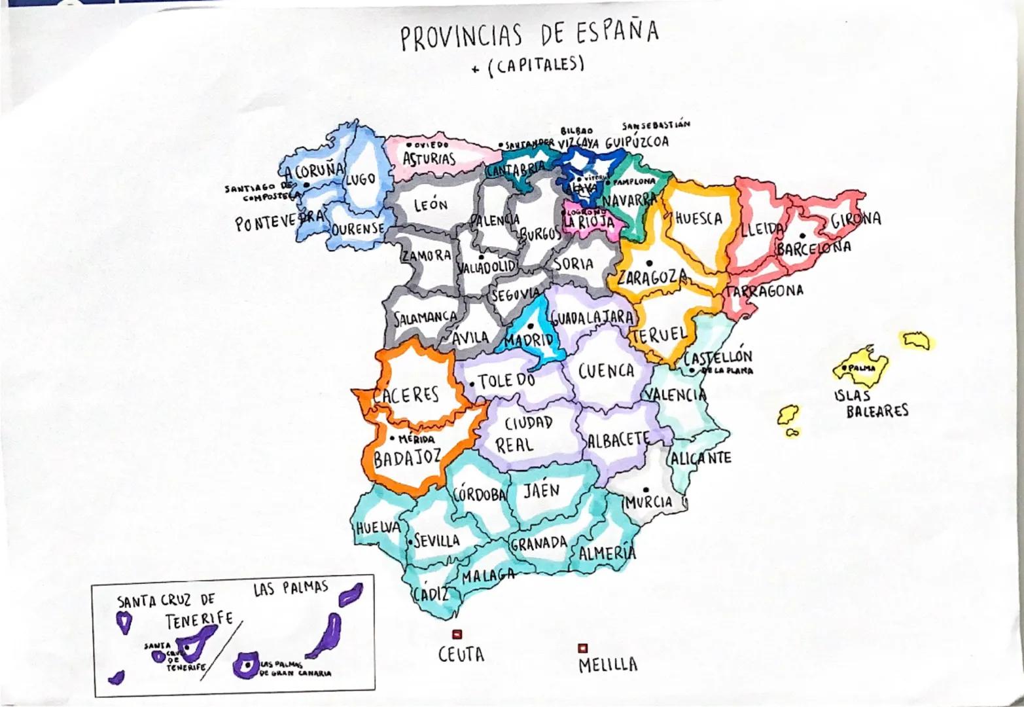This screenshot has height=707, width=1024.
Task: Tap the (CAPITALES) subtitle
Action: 535,65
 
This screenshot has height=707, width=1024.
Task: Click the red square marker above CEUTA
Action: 457,634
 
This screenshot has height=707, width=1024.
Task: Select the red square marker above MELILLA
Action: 582,648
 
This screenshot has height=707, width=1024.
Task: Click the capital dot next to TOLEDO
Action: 472,384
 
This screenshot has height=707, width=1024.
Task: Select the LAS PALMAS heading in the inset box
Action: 290,588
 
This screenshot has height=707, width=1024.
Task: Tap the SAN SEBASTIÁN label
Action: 656,124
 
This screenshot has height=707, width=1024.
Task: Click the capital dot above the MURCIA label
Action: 646,489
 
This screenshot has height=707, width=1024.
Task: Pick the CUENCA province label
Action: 606,371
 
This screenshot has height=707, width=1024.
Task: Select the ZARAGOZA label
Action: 652,278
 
